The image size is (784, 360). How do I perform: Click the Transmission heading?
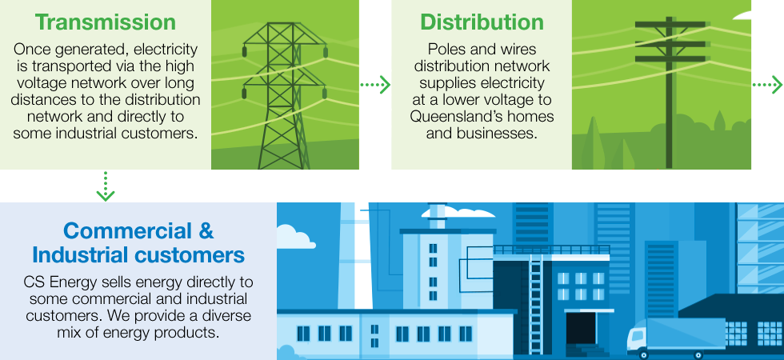click(106, 22)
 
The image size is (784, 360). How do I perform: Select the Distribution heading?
click(482, 22)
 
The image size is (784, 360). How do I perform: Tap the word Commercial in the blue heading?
click(127, 231)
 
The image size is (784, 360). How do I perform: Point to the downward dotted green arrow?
click(106, 186)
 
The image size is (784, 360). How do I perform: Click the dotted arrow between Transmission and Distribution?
click(375, 85)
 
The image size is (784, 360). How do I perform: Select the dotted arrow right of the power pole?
click(767, 85)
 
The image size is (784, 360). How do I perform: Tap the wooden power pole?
click(670, 93)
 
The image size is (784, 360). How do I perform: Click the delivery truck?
click(676, 337)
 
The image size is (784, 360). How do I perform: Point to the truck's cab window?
click(636, 334)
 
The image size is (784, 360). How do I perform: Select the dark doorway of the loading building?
click(581, 328)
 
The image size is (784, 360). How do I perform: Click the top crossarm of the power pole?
click(670, 24)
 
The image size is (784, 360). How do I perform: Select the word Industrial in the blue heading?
click(80, 255)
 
